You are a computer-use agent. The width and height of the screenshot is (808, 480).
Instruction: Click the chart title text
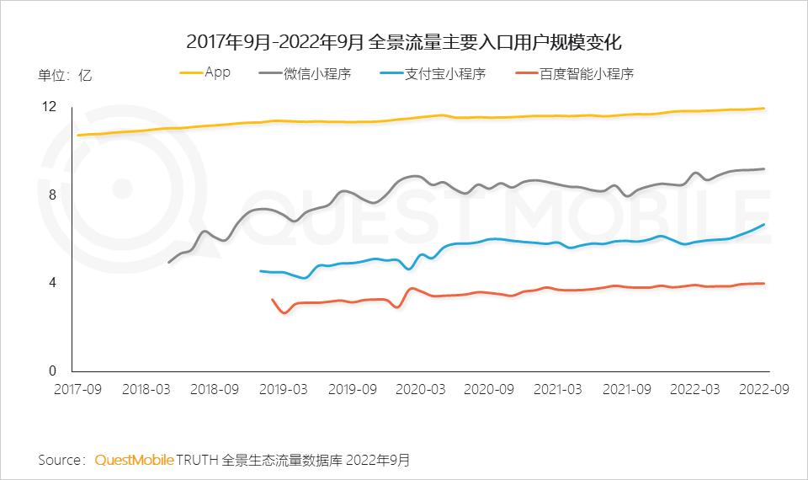(404, 41)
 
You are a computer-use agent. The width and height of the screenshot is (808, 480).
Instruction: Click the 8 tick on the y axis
(52, 195)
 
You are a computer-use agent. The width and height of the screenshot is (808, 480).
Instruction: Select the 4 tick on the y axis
(52, 283)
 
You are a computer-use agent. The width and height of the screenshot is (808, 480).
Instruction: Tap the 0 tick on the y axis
(52, 371)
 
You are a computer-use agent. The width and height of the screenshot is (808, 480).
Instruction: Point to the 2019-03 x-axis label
(283, 390)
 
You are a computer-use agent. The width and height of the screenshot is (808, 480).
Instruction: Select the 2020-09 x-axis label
(490, 390)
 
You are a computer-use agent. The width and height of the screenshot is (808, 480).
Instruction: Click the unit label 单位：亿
(65, 74)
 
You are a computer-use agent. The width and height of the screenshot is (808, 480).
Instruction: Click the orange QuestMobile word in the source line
(135, 460)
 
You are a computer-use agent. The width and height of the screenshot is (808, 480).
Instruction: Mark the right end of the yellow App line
(764, 108)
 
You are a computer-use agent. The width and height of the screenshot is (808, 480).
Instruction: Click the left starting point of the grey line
(169, 263)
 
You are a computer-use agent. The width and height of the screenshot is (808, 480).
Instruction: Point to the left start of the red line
(272, 299)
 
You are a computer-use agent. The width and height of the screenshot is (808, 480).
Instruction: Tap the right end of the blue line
(764, 224)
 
